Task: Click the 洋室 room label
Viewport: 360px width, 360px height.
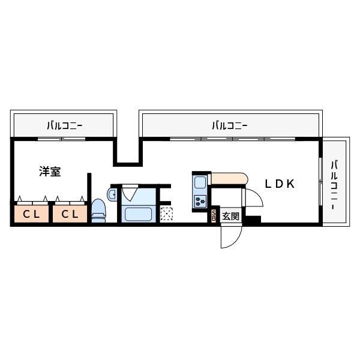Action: point(50,172)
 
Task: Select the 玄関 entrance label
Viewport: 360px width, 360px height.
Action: point(230,216)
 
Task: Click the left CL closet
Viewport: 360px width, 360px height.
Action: point(32,214)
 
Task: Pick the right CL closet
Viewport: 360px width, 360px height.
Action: point(70,214)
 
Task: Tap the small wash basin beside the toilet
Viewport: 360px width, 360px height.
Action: point(112,193)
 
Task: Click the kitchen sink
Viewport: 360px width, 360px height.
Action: point(200,182)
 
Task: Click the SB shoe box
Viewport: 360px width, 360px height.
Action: point(215,216)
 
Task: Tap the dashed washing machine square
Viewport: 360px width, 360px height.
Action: point(166,213)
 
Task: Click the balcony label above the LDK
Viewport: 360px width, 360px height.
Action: point(229,126)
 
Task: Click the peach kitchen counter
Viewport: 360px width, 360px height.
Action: point(228,179)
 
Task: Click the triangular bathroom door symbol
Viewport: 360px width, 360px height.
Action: point(130,194)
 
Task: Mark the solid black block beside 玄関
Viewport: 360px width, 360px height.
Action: point(252,220)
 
